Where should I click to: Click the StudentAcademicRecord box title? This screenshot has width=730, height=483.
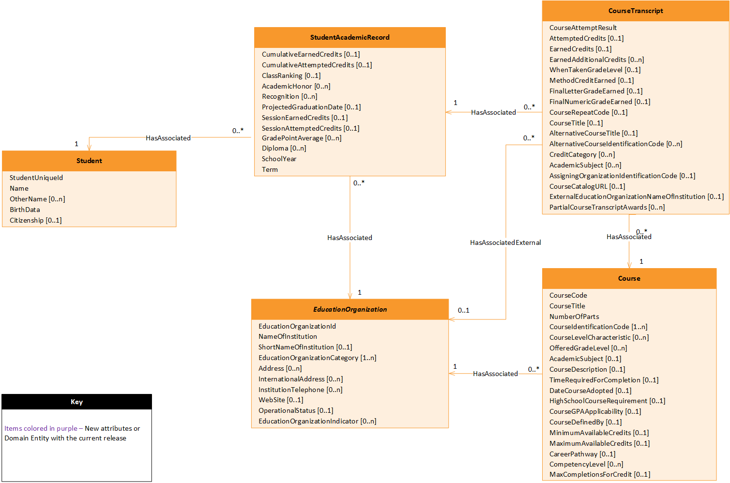[x=350, y=37]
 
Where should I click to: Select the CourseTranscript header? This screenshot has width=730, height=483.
[x=635, y=11]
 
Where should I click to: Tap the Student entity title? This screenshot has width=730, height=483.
[x=89, y=161]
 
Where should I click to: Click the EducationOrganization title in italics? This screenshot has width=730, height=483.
[x=350, y=309]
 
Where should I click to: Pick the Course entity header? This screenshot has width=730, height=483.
[x=629, y=278]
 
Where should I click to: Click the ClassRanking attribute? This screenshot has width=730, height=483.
[x=291, y=75]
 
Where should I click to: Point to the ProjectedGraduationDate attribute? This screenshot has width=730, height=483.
[x=311, y=107]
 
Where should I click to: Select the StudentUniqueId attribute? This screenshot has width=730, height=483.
[x=36, y=178]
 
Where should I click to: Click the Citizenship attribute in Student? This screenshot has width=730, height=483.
[x=35, y=220]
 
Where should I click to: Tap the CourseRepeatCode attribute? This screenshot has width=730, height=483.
[x=588, y=112]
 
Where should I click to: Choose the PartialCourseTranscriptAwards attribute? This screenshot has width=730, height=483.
[x=607, y=207]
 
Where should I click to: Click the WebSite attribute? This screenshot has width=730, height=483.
[x=281, y=400]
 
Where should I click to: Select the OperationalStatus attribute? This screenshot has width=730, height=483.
[x=295, y=410]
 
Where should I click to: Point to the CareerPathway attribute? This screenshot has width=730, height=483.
[x=582, y=454]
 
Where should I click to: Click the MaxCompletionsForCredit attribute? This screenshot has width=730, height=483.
[x=599, y=474]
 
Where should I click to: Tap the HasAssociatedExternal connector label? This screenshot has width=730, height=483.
[x=505, y=242]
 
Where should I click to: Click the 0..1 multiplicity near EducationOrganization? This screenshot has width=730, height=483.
[x=463, y=310]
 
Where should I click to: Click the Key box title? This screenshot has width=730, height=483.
[x=76, y=402]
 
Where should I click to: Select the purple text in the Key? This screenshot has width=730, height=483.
[x=41, y=428]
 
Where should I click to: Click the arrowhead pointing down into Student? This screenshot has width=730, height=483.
[x=89, y=147]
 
